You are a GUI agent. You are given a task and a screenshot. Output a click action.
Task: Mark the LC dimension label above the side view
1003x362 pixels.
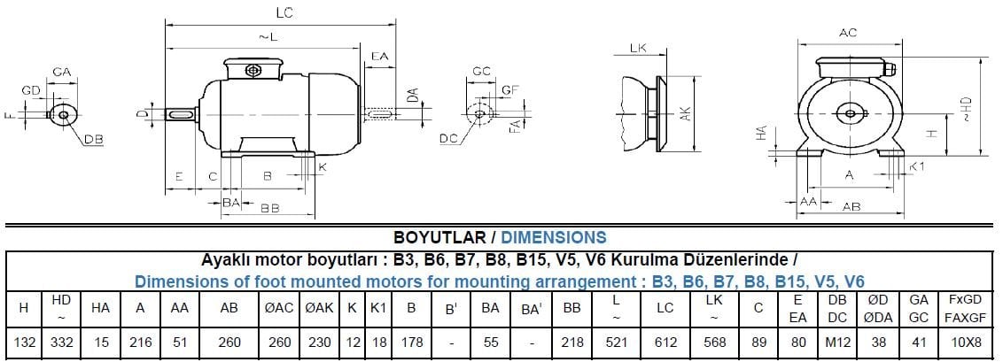[284, 12]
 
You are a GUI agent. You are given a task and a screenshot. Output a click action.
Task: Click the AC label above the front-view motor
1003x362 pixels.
[848, 34]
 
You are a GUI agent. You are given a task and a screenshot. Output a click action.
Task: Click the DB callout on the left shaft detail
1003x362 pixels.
[93, 140]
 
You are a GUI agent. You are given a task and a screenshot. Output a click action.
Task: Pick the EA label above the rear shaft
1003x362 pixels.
[379, 56]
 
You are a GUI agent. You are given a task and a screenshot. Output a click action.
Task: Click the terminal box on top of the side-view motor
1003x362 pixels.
[253, 69]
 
